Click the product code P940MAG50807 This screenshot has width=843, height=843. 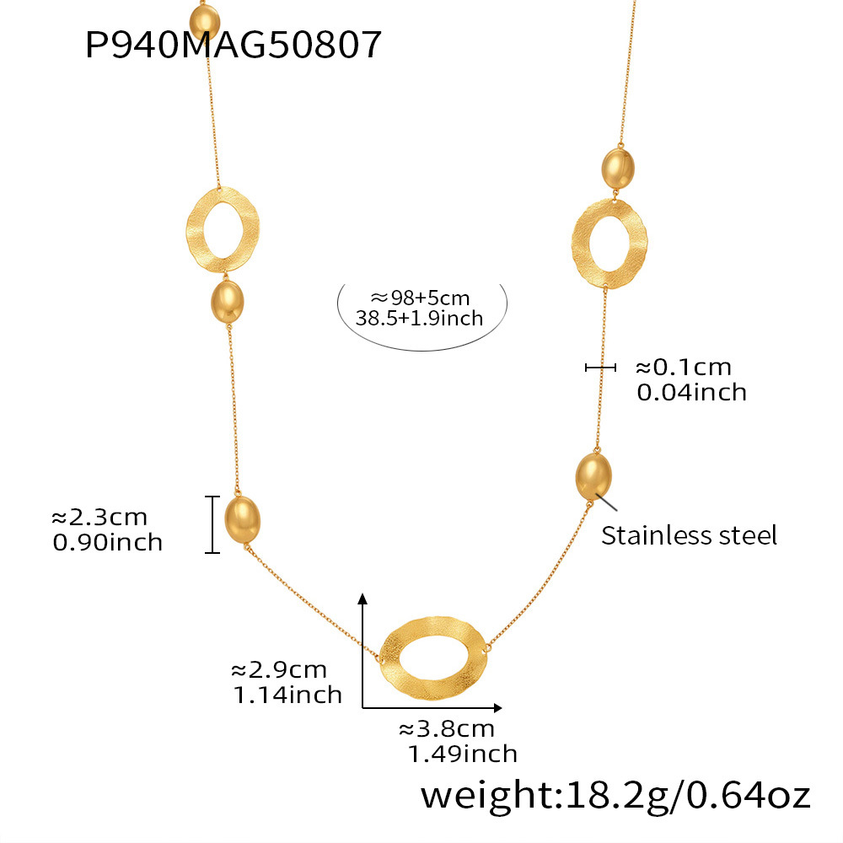tap(234, 45)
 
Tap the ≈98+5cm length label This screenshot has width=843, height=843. tap(420, 297)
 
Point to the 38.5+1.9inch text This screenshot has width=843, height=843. tap(420, 318)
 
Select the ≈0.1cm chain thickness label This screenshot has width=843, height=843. tap(683, 368)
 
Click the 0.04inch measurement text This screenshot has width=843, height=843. tap(691, 391)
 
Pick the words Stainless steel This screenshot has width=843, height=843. tap(689, 535)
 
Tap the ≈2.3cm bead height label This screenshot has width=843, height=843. tap(99, 517)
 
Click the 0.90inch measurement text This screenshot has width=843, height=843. tap(107, 541)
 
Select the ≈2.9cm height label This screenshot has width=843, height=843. tap(278, 670)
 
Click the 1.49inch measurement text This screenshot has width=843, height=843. tap(462, 754)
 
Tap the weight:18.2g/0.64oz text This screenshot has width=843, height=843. tap(615, 796)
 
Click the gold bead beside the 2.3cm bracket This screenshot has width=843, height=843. tap(242, 520)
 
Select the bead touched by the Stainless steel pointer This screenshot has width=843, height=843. tap(594, 477)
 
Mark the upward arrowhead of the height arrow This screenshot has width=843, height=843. tap(362, 599)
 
